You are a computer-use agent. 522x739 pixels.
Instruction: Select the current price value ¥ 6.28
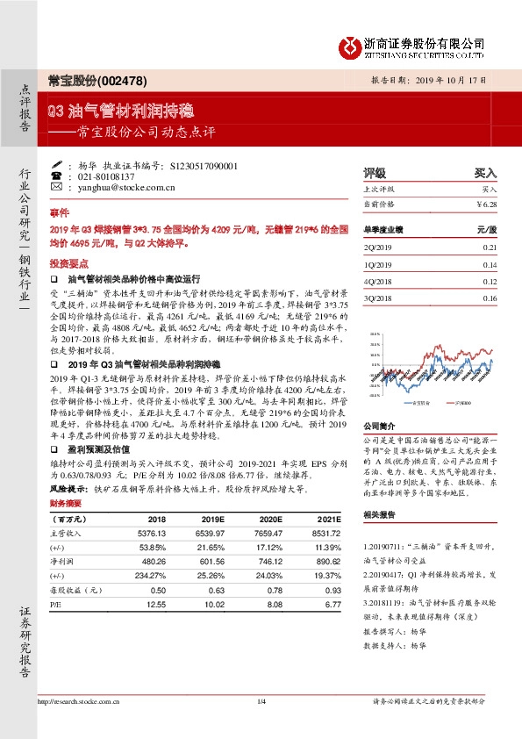click(x=486, y=204)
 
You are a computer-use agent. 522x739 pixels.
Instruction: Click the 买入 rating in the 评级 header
click(x=485, y=173)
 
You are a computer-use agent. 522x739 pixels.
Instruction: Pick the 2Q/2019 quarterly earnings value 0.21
click(x=490, y=248)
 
